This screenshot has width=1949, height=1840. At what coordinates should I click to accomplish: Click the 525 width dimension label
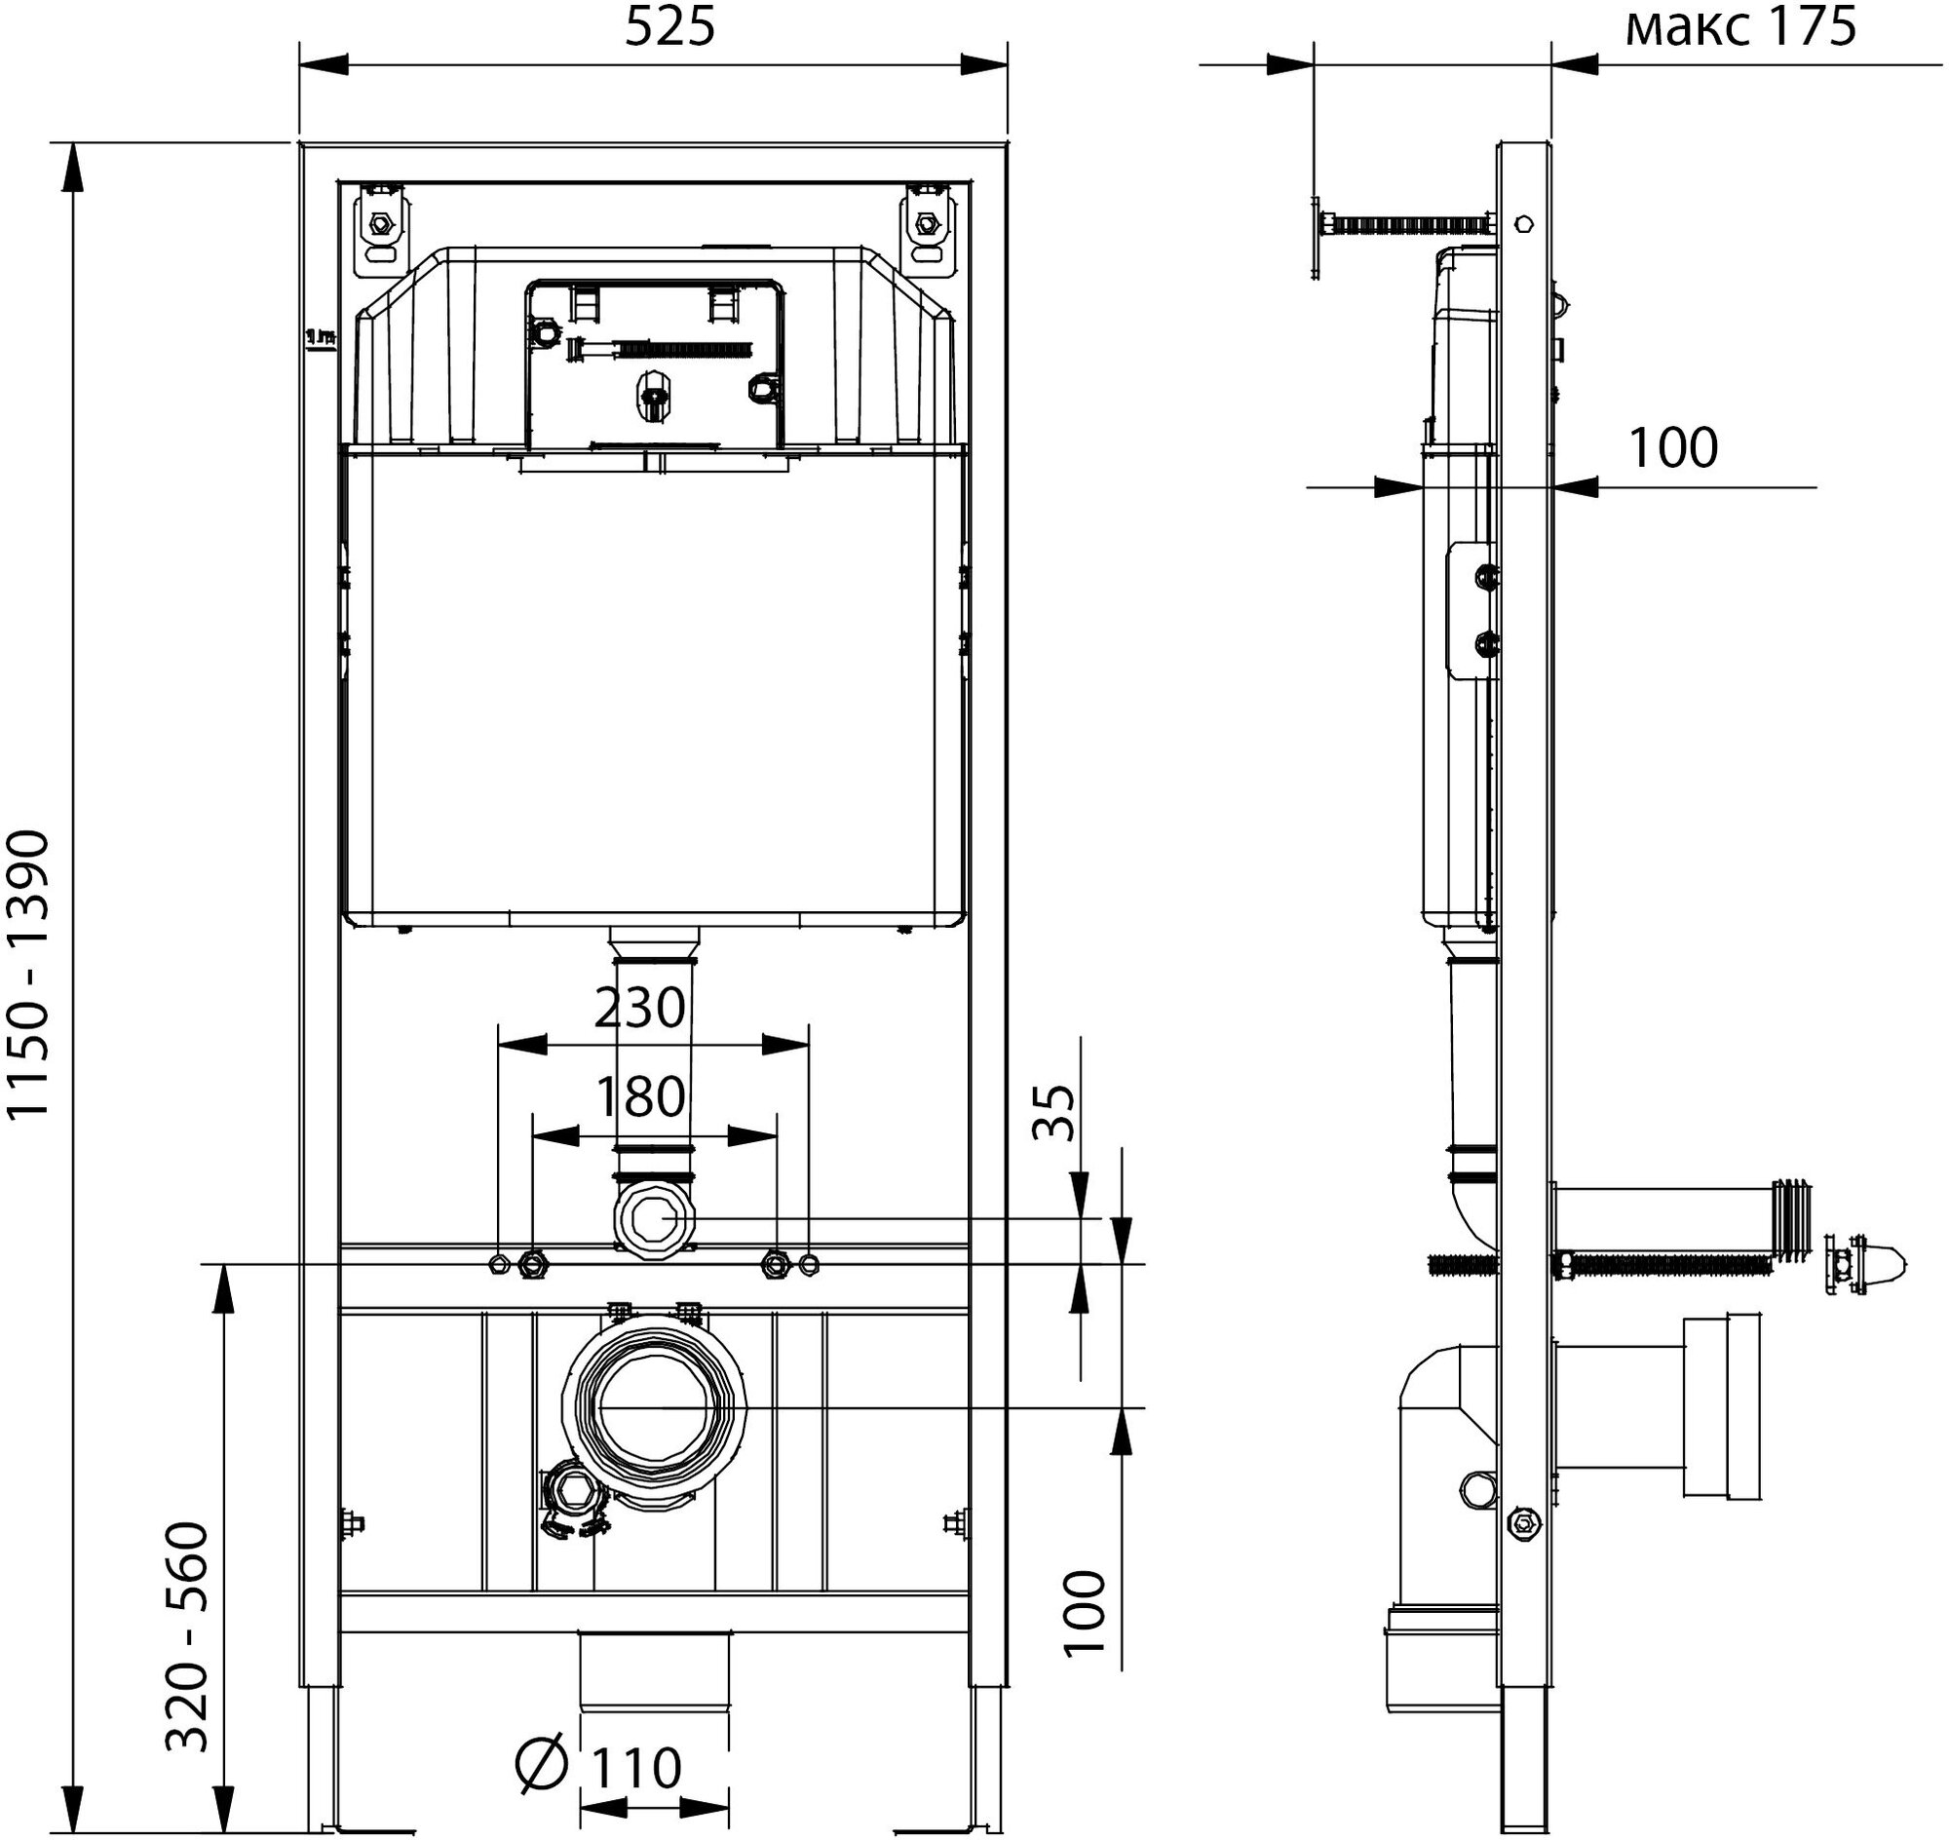click(x=670, y=28)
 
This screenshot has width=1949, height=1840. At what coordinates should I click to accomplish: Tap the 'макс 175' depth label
click(x=1741, y=26)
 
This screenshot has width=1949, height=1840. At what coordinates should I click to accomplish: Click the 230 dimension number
click(x=639, y=1008)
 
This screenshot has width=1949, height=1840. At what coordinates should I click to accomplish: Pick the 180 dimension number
click(x=639, y=1096)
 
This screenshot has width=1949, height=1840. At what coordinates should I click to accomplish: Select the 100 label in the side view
click(x=1673, y=448)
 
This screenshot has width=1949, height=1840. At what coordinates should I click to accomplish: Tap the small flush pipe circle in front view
click(x=654, y=1219)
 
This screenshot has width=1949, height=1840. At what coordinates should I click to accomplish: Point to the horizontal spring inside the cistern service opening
click(x=682, y=348)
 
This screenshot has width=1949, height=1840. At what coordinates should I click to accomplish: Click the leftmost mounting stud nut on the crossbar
click(x=498, y=1265)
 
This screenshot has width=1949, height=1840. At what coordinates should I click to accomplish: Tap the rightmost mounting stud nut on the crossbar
click(x=809, y=1265)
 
